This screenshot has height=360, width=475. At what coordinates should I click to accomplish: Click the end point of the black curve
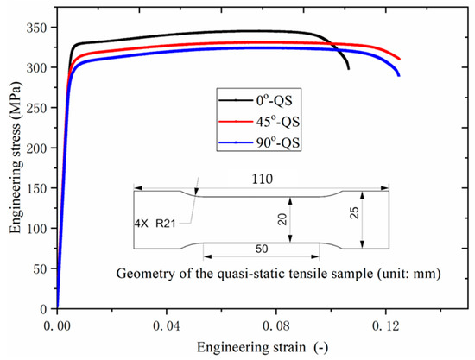pyautogui.click(x=349, y=68)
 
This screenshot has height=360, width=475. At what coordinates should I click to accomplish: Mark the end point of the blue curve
pyautogui.click(x=399, y=75)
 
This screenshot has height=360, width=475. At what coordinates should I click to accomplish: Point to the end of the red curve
pyautogui.click(x=400, y=59)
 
